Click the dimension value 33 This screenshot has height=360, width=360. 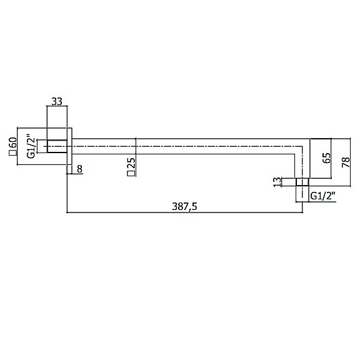pos(57,101)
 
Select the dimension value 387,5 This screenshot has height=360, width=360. pos(184,206)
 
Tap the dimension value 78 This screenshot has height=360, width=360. pos(346,162)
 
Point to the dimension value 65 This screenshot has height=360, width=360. pos(327,158)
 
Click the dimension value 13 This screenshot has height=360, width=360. pos(277,182)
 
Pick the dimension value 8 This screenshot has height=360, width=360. pos(79,169)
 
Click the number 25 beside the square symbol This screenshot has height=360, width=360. pos(131,164)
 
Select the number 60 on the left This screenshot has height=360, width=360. pos(13,142)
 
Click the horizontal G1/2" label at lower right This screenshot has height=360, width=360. pos(322,196)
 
